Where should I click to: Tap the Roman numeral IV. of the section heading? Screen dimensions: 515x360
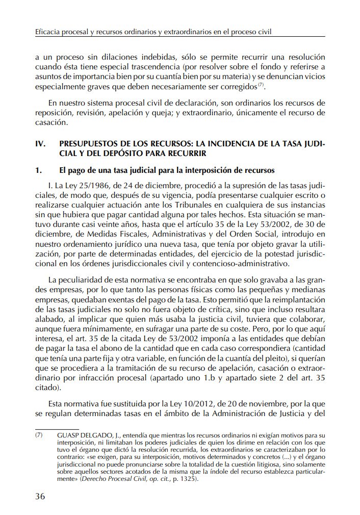tap(41, 144)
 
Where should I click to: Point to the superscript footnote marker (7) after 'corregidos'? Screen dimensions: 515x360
tap(261, 84)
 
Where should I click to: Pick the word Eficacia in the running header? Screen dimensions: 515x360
tap(48, 32)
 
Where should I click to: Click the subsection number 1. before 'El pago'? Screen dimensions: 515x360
tap(38, 169)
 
